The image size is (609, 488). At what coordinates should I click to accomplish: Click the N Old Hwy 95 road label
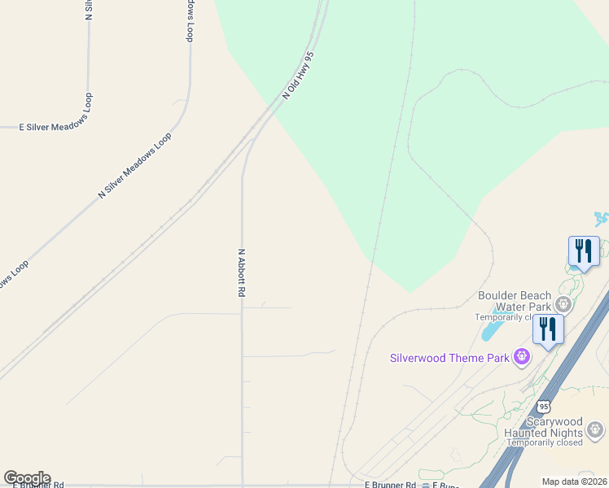pyautogui.click(x=298, y=75)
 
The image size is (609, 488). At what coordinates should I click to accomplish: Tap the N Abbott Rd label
pyautogui.click(x=241, y=272)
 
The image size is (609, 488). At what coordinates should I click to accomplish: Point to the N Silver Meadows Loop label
pyautogui.click(x=134, y=165)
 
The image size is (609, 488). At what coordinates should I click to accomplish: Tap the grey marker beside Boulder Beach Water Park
pyautogui.click(x=563, y=304)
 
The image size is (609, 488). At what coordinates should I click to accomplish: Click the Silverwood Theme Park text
pyautogui.click(x=449, y=357)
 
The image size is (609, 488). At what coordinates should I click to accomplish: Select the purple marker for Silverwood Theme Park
pyautogui.click(x=522, y=356)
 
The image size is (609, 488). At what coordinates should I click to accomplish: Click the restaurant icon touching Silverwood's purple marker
pyautogui.click(x=547, y=329)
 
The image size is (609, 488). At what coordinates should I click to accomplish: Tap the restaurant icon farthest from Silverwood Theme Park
pyautogui.click(x=583, y=251)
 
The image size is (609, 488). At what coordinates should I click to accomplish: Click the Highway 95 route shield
pyautogui.click(x=544, y=405)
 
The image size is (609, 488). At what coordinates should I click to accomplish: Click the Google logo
pyautogui.click(x=27, y=478)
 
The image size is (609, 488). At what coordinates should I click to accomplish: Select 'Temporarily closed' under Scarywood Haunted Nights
pyautogui.click(x=565, y=442)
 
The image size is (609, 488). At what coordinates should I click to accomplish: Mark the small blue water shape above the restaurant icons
pyautogui.click(x=601, y=219)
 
